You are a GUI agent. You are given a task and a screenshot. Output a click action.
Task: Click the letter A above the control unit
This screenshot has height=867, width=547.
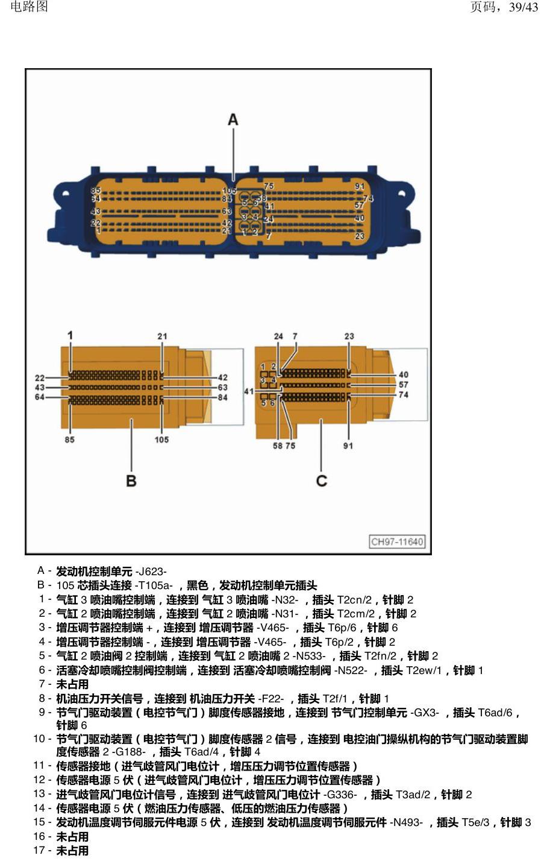click(x=233, y=119)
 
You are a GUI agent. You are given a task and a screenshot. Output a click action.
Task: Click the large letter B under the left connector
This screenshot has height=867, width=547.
click(x=131, y=481)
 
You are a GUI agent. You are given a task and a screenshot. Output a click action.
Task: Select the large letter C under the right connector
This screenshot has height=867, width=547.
click(x=322, y=481)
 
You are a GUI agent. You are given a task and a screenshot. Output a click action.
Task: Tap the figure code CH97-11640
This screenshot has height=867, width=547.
click(x=397, y=541)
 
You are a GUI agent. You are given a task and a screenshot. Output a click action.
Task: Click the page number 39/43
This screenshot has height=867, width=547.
click(x=524, y=7)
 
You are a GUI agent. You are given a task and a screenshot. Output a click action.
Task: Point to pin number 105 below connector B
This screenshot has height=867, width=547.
click(x=161, y=440)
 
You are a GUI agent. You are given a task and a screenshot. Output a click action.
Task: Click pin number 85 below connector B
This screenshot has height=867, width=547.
click(x=70, y=440)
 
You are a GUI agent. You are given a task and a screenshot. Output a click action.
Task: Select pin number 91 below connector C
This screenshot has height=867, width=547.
click(x=348, y=446)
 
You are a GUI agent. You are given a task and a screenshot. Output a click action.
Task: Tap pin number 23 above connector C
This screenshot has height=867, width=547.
click(x=349, y=336)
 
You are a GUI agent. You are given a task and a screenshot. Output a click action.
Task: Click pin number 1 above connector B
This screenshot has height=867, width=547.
click(x=70, y=335)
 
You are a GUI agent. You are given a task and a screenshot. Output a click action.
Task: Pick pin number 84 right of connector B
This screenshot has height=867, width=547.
click(x=222, y=397)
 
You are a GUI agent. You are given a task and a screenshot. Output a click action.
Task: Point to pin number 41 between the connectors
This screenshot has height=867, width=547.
click(x=249, y=391)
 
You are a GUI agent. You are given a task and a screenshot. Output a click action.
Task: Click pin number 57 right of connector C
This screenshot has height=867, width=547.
click(x=404, y=385)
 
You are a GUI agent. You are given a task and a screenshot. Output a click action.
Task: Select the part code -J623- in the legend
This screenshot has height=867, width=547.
click(x=151, y=572)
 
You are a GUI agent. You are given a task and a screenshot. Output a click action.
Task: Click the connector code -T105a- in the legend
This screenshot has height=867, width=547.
click(x=154, y=585)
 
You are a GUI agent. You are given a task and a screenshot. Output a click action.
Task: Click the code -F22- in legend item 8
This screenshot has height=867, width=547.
click(x=271, y=699)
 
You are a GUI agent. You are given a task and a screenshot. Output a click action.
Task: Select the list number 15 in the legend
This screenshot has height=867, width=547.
click(x=39, y=822)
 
